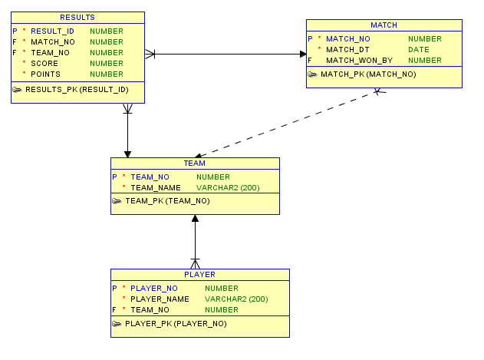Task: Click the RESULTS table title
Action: point(77,18)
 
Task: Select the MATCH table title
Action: point(384,25)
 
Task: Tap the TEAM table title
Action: point(195,163)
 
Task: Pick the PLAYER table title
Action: point(199,274)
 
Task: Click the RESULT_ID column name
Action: point(52,31)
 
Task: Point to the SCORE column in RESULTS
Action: point(44,64)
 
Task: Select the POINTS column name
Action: point(46,74)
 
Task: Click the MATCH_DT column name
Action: point(347,50)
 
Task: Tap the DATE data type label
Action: point(419,50)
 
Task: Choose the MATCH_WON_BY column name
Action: point(359,61)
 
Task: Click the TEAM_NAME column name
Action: point(156,188)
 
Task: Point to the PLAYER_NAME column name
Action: point(160,299)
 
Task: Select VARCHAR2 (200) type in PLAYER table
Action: point(236,299)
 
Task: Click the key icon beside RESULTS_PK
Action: point(17,90)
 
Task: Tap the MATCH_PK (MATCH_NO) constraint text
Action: point(368,74)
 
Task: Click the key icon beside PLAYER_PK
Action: point(117,323)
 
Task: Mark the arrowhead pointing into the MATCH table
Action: point(303,54)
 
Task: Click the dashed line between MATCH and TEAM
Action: point(288,124)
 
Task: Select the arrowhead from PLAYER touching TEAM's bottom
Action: point(195,219)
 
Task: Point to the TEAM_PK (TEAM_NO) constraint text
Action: point(168,201)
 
